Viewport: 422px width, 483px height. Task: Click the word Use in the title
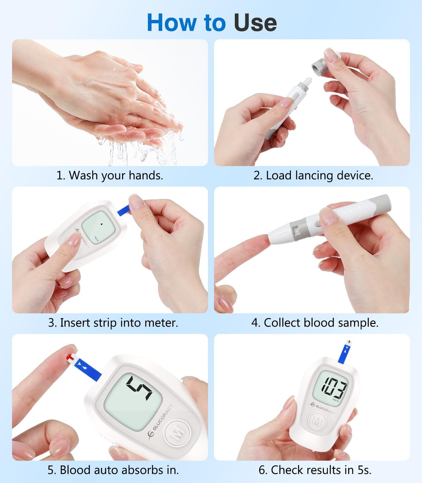point(255,23)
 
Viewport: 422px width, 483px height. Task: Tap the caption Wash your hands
point(110,175)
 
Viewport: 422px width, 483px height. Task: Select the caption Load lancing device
point(313,175)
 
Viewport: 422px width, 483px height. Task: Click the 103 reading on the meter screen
point(334,388)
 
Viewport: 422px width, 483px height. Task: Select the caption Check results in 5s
point(315,470)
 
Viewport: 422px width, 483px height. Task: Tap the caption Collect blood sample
point(315,323)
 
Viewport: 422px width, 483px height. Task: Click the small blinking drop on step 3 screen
point(101,224)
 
